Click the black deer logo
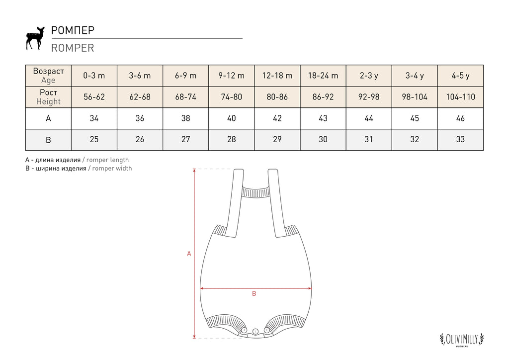35,38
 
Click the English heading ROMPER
73,48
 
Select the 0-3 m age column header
94,76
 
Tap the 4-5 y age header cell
460,76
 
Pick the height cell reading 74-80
232,97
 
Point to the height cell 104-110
460,97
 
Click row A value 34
94,118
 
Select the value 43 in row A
323,118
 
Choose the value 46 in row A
460,118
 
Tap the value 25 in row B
94,140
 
